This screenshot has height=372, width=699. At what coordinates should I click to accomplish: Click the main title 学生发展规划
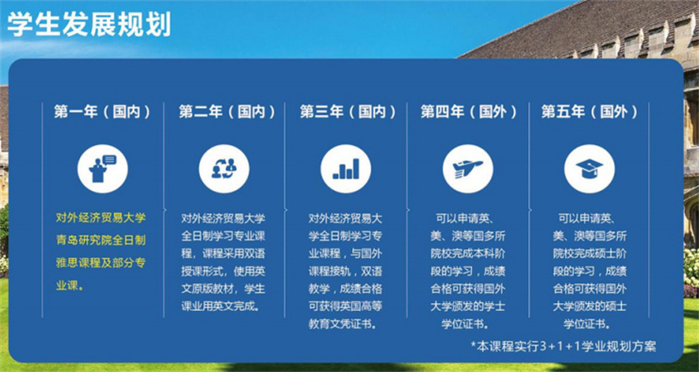click(x=89, y=24)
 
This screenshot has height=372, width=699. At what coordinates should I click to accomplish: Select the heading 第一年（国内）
click(x=103, y=111)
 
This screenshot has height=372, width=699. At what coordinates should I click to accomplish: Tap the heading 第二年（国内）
click(x=227, y=111)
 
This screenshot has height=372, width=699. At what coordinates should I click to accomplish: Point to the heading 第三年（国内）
click(x=348, y=111)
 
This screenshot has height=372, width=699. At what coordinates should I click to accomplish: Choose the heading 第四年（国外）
click(x=469, y=111)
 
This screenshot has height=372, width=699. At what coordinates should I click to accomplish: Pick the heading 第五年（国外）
click(x=590, y=111)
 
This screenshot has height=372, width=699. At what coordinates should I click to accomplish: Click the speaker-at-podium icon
click(x=103, y=168)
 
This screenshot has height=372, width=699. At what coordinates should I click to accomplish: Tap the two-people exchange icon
click(x=224, y=168)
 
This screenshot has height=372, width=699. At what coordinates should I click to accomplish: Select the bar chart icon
click(x=345, y=168)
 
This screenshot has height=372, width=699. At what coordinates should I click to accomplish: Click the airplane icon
click(x=468, y=168)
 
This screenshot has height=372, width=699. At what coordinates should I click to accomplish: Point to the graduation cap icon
click(x=590, y=168)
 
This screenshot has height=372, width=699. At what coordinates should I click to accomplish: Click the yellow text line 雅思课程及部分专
click(x=100, y=263)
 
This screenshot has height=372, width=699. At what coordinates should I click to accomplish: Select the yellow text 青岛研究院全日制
click(x=100, y=241)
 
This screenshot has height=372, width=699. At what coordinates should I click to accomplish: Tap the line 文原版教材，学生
click(x=223, y=289)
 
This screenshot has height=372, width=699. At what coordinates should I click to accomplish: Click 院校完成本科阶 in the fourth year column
click(x=468, y=253)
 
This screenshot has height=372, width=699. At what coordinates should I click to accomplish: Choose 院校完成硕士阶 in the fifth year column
click(x=590, y=253)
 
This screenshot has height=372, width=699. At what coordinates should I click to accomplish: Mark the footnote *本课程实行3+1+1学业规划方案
click(x=563, y=346)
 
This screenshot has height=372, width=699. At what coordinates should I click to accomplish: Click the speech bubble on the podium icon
click(x=109, y=160)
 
